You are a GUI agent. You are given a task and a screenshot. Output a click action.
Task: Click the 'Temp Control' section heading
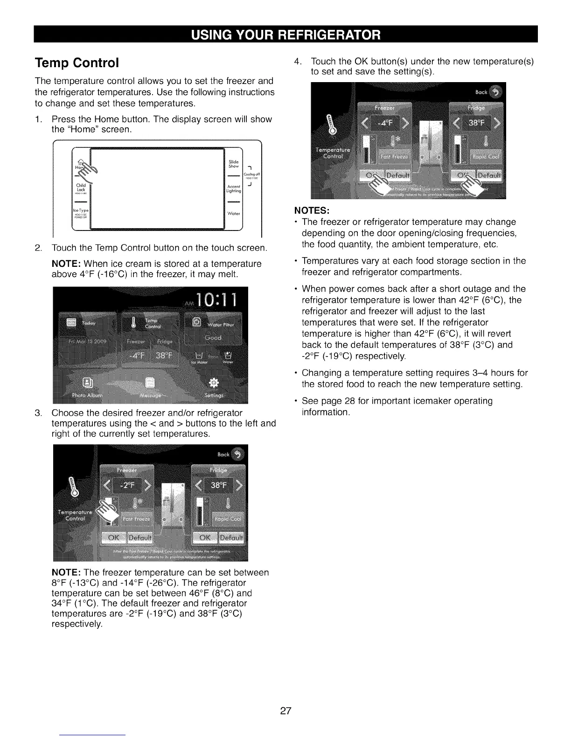click(x=77, y=63)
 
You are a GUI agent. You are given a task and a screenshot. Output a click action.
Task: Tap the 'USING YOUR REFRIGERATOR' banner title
click(x=285, y=35)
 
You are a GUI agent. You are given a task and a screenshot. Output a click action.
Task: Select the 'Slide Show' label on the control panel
click(x=233, y=164)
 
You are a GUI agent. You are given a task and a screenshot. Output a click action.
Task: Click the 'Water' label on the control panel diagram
click(x=233, y=214)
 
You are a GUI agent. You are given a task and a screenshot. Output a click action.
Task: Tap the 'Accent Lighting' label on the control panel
click(x=233, y=188)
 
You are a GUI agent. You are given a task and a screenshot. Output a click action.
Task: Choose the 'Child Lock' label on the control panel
click(x=81, y=188)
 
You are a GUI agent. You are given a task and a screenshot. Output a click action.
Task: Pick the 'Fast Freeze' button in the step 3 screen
click(x=136, y=519)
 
